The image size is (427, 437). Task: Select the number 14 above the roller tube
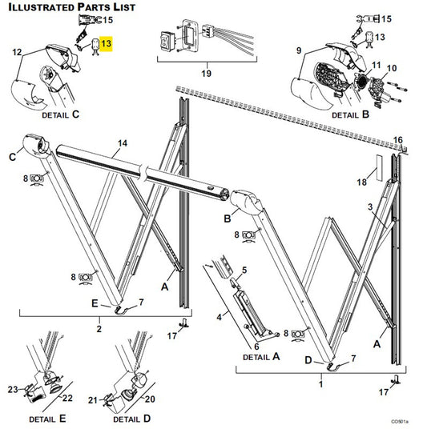point(122,144)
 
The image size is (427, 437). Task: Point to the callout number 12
point(17,52)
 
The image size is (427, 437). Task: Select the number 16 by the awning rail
point(398,140)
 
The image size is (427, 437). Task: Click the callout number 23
point(13,390)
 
